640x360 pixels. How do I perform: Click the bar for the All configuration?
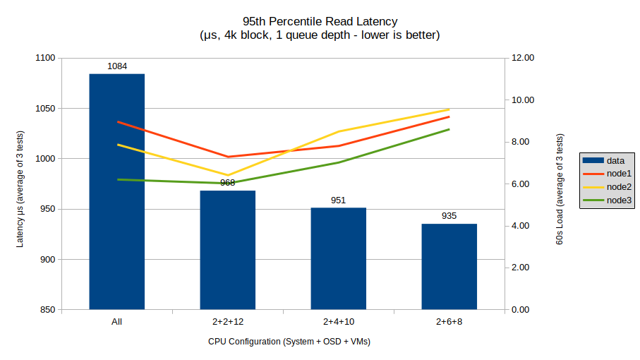116,212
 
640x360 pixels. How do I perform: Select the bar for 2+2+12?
227,254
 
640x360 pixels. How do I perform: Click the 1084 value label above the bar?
117,66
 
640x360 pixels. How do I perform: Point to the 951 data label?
338,200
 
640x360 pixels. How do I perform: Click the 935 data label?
449,216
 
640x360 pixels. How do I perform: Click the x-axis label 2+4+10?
338,322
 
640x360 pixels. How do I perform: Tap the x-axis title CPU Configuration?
289,342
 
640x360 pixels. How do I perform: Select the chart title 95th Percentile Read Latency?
320,21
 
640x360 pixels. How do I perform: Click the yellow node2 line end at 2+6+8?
449,109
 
